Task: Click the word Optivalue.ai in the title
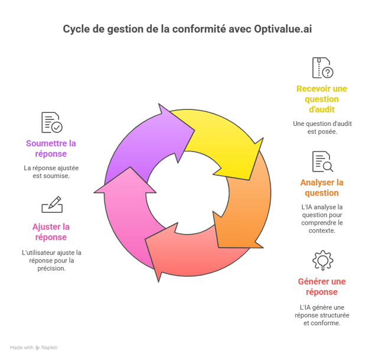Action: (x=283, y=29)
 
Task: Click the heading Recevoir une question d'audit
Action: (x=322, y=99)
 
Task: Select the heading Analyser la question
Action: (x=322, y=187)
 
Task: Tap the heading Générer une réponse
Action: (x=322, y=287)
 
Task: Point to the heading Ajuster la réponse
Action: (x=51, y=232)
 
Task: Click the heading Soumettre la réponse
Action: (x=51, y=148)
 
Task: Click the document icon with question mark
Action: (x=322, y=68)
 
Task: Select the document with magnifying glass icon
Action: (x=322, y=161)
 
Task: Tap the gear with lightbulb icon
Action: (x=322, y=261)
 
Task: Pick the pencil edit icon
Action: (x=52, y=205)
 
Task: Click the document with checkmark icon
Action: (x=52, y=122)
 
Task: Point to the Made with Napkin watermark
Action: (x=34, y=348)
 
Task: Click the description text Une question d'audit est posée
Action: (x=322, y=128)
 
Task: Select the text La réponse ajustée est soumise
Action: (x=51, y=172)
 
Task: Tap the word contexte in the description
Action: (x=322, y=231)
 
